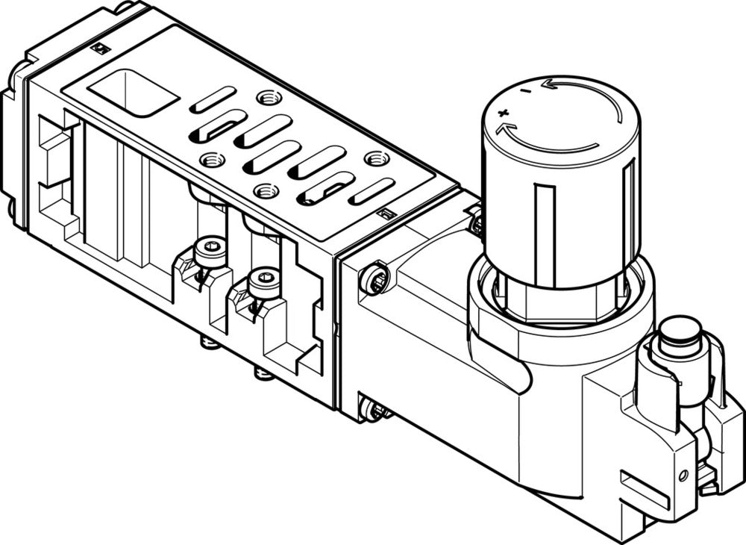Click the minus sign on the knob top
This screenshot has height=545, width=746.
pyautogui.click(x=527, y=90)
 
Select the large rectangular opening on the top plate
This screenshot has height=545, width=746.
pyautogui.click(x=133, y=93)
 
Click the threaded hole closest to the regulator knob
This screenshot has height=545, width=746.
pyautogui.click(x=377, y=158)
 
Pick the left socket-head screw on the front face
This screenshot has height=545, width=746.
pyautogui.click(x=210, y=251)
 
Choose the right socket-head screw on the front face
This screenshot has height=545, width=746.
pyautogui.click(x=264, y=282)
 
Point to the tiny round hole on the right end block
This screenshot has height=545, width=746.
pyautogui.click(x=682, y=475)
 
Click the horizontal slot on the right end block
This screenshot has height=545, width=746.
pyautogui.click(x=645, y=490)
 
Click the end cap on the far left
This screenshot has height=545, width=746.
pyautogui.click(x=13, y=149)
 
